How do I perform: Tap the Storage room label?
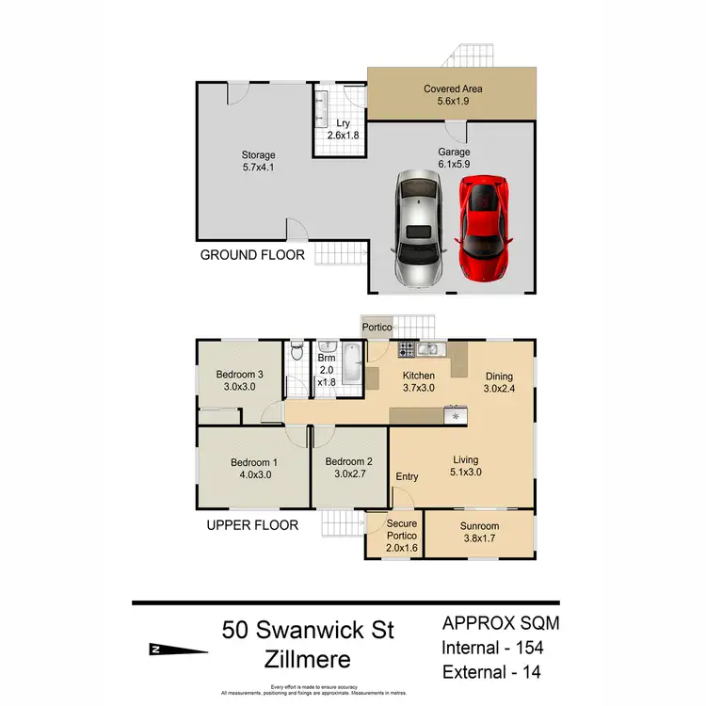(258, 162)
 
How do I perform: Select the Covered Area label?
(453, 95)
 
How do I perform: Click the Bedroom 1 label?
(254, 468)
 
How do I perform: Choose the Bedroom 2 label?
(349, 468)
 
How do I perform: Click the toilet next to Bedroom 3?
(297, 353)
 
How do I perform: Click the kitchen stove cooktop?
(408, 350)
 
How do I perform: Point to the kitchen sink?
(431, 350)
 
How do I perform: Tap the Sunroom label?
(480, 533)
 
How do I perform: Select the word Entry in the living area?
(407, 476)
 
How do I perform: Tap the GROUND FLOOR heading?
(251, 254)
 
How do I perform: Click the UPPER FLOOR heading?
(252, 525)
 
